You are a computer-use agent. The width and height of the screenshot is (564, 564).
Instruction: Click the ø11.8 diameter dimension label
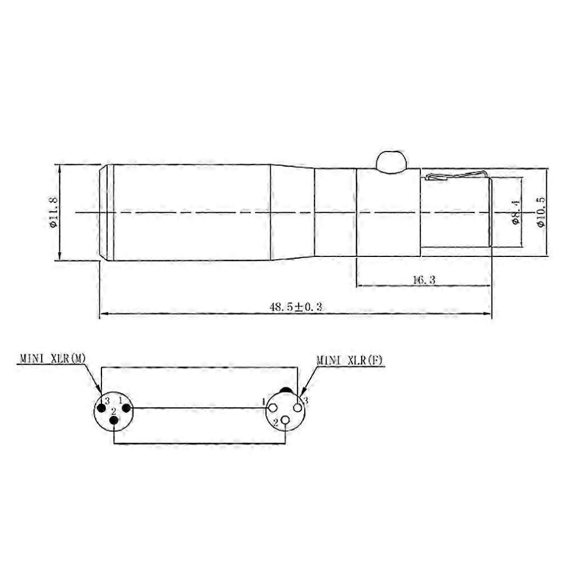tap(52, 212)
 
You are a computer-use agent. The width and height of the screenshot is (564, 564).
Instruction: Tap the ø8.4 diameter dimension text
tap(516, 212)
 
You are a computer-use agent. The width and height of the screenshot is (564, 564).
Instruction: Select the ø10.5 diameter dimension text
tap(541, 212)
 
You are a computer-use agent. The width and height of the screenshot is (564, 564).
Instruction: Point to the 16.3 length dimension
tap(424, 280)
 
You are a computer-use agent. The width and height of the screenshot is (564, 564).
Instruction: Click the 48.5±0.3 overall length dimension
tap(296, 307)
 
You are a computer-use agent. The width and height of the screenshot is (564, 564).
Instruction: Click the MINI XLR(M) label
tap(52, 358)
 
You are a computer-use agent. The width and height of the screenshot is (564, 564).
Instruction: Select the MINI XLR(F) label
tap(350, 360)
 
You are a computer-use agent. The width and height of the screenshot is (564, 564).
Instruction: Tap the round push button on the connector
tap(391, 161)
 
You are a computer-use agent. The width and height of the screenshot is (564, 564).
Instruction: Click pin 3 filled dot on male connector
tap(101, 408)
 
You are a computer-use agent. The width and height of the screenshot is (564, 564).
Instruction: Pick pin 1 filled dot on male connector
tap(126, 408)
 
